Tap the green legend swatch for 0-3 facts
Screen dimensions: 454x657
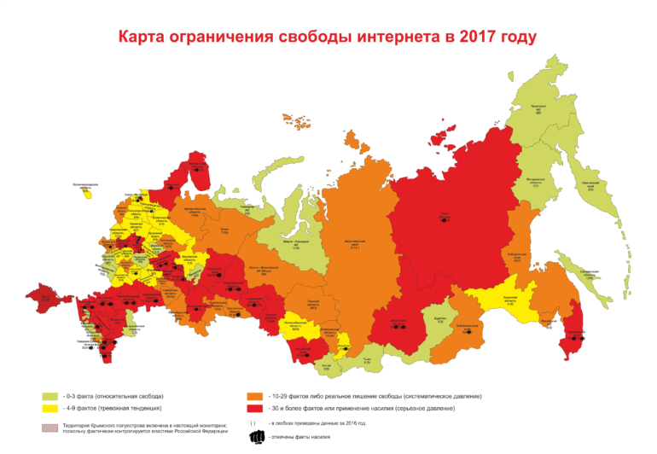point(49,397)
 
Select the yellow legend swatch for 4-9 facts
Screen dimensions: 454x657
point(49,410)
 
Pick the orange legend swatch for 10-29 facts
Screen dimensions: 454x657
point(254,397)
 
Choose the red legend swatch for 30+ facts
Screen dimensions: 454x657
point(254,410)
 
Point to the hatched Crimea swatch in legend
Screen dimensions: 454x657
point(49,427)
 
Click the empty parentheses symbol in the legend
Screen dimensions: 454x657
point(253,423)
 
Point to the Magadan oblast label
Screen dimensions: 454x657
point(535,183)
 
